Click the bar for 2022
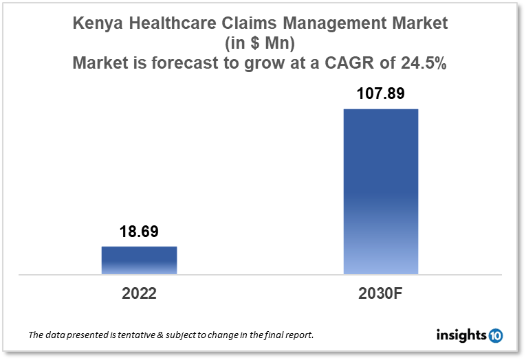click(139, 260)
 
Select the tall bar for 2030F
click(380, 192)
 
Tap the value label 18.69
click(139, 232)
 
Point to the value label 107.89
click(380, 93)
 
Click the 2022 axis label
click(139, 294)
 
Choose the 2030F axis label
click(380, 294)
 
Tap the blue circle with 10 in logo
click(496, 336)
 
